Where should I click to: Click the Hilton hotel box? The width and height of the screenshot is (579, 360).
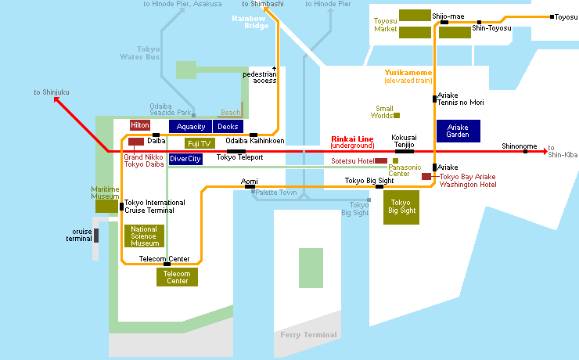[140, 125]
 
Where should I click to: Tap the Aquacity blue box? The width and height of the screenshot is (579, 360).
[190, 126]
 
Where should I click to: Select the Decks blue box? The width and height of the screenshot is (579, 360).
[228, 126]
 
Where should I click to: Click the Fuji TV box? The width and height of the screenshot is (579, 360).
[199, 143]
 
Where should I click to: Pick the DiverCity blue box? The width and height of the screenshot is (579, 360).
[185, 159]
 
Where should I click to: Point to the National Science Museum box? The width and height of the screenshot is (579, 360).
[144, 236]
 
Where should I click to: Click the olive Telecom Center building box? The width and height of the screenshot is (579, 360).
[177, 277]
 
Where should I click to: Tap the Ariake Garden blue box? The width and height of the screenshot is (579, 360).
[458, 131]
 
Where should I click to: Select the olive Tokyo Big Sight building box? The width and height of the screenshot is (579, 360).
[401, 207]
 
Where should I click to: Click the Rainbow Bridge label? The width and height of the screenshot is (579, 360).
[249, 22]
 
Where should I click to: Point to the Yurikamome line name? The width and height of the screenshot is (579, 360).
[408, 73]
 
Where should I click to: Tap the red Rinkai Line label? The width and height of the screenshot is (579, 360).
[352, 139]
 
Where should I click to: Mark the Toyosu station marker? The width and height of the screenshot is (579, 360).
[552, 17]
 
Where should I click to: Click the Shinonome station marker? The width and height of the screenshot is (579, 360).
[525, 151]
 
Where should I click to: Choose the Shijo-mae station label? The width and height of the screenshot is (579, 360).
[448, 16]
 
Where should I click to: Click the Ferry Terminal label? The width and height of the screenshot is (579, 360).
[308, 335]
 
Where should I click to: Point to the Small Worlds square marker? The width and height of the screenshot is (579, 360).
[397, 116]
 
